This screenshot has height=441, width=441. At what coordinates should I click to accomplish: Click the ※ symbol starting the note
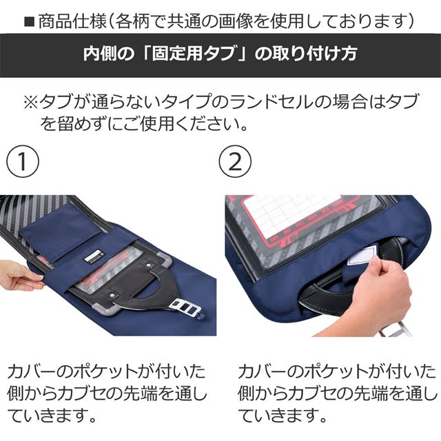pyautogui.click(x=32, y=103)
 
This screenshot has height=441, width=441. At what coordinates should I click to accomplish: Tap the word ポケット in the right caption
pyautogui.click(x=314, y=371)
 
